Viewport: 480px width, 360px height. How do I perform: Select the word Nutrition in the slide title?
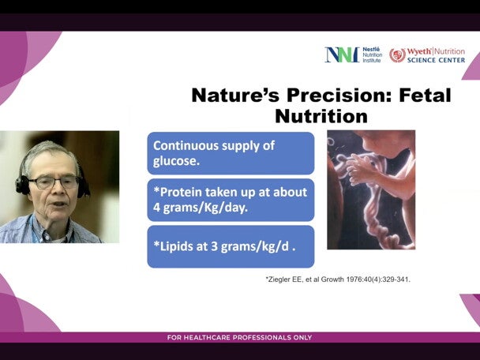coord(321,117)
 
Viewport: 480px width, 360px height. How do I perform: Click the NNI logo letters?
coord(341,54)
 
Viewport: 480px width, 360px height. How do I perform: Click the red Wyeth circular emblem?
coord(397,54)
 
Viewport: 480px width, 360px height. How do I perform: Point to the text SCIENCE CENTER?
coord(437,59)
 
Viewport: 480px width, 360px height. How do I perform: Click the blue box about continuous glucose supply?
coord(230,152)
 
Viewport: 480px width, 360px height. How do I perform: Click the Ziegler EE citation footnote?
coord(338,279)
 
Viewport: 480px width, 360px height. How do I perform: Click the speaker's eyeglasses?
coord(55,182)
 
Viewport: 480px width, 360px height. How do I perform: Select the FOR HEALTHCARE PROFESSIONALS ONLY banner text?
coord(239,338)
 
